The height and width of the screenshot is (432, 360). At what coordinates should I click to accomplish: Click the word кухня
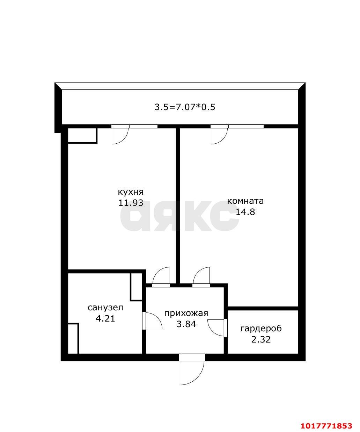tap(131, 192)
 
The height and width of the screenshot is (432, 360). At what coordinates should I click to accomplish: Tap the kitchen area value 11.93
tap(131, 203)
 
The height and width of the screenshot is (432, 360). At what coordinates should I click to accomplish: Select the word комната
tap(245, 201)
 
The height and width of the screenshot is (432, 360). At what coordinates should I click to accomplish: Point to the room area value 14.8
tap(245, 212)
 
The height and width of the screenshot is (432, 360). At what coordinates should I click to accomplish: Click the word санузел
tap(105, 308)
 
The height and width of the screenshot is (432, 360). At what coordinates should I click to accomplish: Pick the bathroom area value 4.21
tap(105, 318)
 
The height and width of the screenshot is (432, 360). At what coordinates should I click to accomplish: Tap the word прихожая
tap(186, 314)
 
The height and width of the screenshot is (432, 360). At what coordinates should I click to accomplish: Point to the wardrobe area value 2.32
tap(261, 339)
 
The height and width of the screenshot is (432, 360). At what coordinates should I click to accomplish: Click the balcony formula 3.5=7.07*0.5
tap(185, 107)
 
